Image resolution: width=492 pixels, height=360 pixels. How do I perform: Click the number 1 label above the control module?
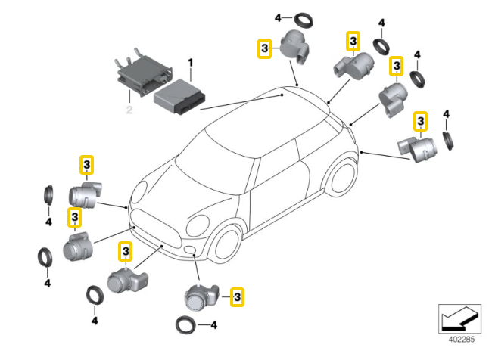(x=190, y=61)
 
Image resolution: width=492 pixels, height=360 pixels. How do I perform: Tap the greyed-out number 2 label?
(x=129, y=110)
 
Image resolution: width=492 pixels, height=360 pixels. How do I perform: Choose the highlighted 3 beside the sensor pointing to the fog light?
(x=237, y=297)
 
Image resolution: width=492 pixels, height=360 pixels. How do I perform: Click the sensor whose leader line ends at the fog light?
(x=200, y=297)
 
